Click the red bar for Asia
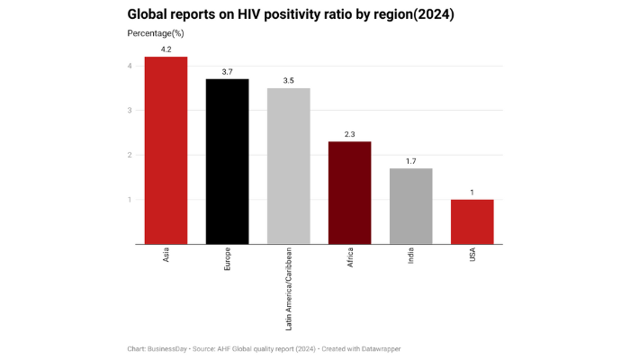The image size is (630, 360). [x=166, y=150]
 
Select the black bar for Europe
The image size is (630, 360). [x=227, y=161]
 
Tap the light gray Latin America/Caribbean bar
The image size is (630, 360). [x=288, y=166]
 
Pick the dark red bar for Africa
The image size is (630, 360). [x=349, y=193]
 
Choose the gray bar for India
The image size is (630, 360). [x=410, y=206]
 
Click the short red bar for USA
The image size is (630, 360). [x=472, y=221]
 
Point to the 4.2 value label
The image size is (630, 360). [x=166, y=49]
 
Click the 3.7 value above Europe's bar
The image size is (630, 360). [x=227, y=71]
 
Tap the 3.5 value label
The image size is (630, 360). [x=288, y=80]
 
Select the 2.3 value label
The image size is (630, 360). [x=349, y=133]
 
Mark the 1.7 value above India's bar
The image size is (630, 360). [x=410, y=160]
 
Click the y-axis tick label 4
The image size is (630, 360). [x=130, y=67]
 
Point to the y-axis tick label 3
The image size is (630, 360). [x=130, y=111]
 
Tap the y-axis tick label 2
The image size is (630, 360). [x=130, y=155]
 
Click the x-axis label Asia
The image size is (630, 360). [x=166, y=257]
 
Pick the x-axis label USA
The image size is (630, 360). [x=472, y=256]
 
